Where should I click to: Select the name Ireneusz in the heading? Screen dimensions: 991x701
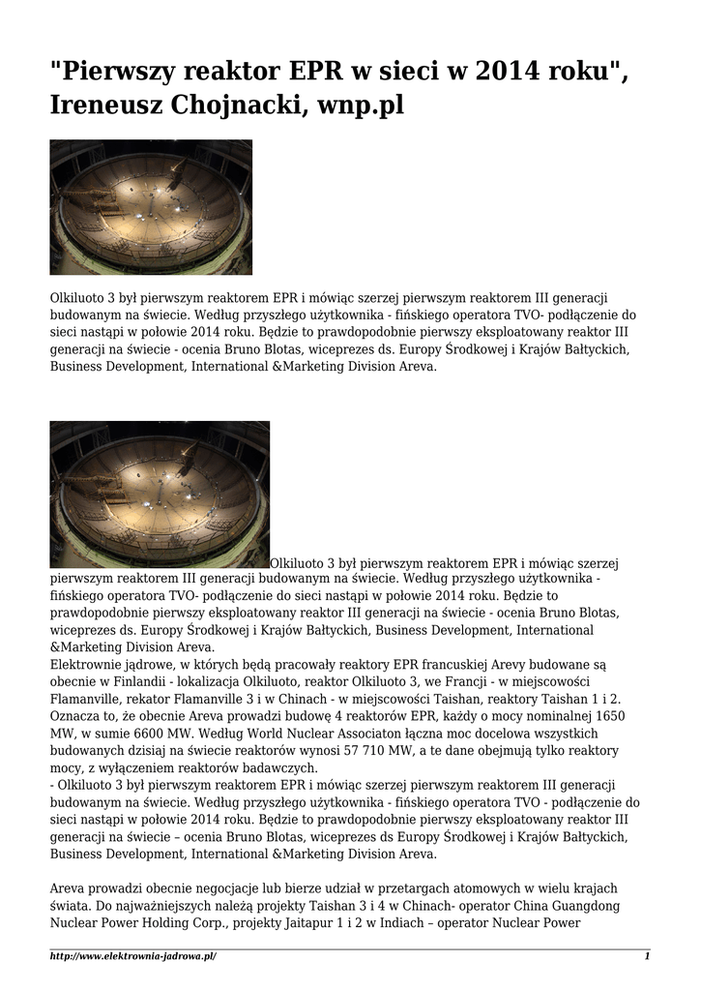coord(106,105)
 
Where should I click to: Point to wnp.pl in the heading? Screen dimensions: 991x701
coord(358,105)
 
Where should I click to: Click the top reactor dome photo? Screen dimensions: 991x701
coord(151,206)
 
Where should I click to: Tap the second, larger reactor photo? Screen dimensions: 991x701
coord(160,494)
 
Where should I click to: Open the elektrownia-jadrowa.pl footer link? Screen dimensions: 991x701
coord(133,957)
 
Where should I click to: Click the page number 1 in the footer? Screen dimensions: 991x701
coord(647,957)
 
